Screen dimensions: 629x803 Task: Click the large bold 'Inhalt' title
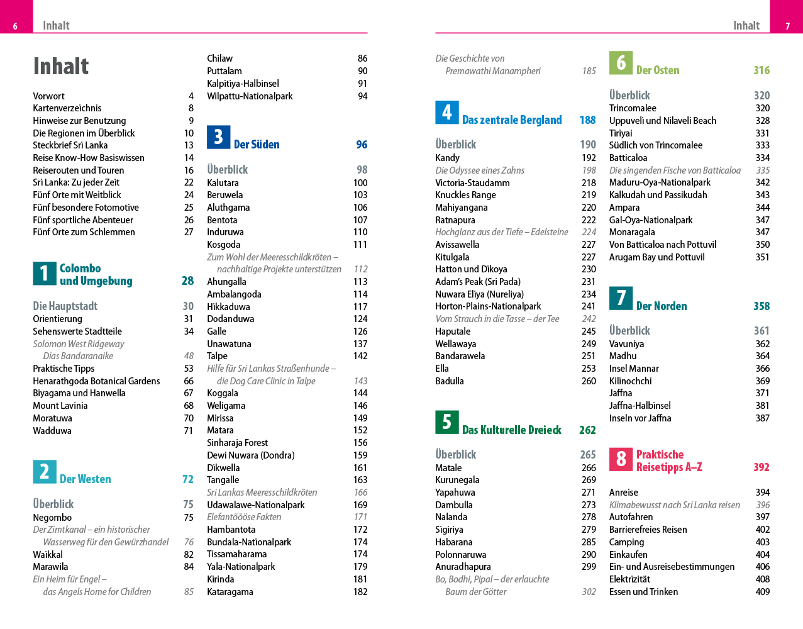tap(61, 66)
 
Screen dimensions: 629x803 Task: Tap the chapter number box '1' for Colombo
tap(44, 274)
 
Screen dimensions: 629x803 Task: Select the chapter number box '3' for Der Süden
tap(218, 137)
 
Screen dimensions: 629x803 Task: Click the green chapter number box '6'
tap(621, 63)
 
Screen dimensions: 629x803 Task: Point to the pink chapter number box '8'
tap(621, 459)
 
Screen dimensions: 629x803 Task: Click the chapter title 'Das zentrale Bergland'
tap(512, 120)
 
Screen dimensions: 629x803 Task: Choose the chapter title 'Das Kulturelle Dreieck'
tap(511, 430)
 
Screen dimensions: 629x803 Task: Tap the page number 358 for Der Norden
tap(761, 306)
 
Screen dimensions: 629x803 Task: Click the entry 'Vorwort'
tap(48, 96)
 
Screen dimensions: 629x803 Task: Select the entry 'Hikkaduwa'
tap(228, 307)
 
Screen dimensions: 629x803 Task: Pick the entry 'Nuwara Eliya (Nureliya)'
tap(479, 294)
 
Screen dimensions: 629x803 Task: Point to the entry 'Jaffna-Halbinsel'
tap(640, 406)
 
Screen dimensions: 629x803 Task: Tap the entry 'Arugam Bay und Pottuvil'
tap(656, 257)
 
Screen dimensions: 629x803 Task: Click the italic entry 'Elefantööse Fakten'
tap(244, 517)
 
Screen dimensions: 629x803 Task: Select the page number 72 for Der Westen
tap(187, 479)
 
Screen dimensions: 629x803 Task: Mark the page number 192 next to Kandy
tap(589, 158)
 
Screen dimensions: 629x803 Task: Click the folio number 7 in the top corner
tap(787, 26)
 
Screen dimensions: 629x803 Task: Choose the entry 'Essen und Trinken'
tap(643, 592)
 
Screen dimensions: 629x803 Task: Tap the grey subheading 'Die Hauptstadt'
tap(65, 306)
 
